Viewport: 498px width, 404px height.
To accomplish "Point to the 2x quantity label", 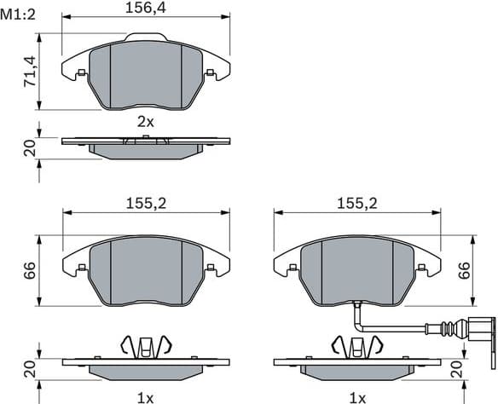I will coord(146,122).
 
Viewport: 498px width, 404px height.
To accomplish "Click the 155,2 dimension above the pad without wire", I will coord(145,204).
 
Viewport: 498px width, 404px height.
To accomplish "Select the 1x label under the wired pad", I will coord(357,397).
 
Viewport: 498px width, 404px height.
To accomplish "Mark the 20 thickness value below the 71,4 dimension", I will coord(28,148).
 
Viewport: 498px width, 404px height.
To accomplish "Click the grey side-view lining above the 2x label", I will coord(146,151).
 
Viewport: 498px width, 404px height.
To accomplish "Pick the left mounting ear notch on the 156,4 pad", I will coord(80,73).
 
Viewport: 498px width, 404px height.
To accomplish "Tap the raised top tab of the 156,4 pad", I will coord(146,37).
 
